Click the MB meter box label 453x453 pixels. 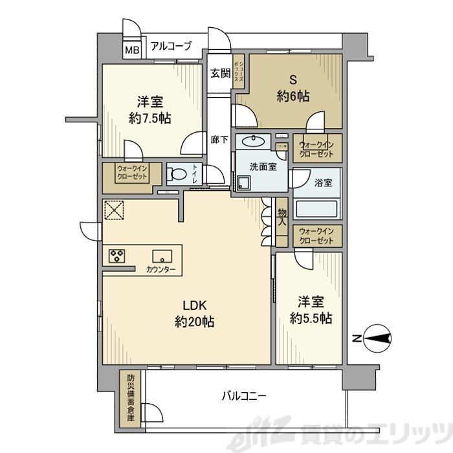click(x=131, y=49)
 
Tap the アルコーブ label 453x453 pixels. click(x=171, y=46)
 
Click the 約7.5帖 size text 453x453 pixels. click(x=149, y=118)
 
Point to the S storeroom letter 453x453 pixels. click(x=293, y=80)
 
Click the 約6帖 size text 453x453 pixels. click(x=293, y=96)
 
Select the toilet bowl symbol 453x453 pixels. click(x=176, y=173)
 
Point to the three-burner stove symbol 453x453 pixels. click(x=117, y=255)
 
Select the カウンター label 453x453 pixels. click(x=160, y=269)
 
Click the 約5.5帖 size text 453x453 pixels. click(x=311, y=318)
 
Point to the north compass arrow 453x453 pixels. click(x=375, y=337)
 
